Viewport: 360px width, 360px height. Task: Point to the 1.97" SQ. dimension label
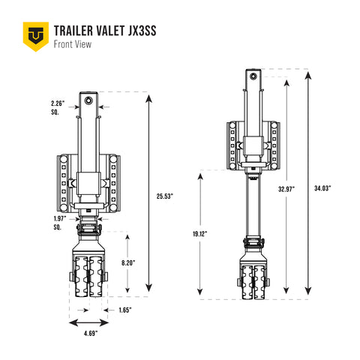60,221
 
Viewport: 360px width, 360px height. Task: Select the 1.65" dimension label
124,309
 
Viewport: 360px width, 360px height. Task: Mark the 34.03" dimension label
323,187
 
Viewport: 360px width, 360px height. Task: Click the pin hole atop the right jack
254,75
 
